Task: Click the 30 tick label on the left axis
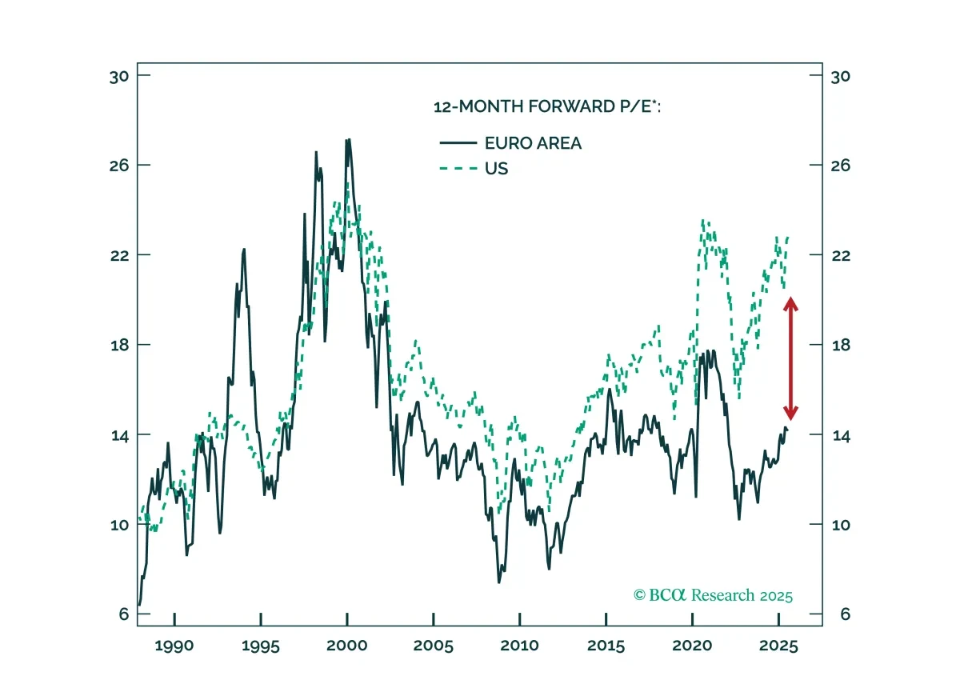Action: click(119, 77)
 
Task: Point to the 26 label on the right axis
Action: click(841, 166)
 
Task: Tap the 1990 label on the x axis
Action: click(174, 646)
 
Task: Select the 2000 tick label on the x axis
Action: click(346, 646)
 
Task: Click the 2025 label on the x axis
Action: click(778, 646)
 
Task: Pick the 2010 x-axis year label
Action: click(519, 646)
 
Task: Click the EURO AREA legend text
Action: click(533, 143)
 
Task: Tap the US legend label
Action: click(496, 169)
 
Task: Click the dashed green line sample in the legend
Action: click(458, 168)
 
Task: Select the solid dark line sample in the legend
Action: click(458, 142)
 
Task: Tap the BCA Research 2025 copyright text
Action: click(713, 595)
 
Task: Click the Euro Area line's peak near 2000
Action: click(348, 140)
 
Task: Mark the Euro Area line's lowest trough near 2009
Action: click(499, 582)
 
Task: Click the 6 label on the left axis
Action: click(123, 614)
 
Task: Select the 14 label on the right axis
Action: click(841, 436)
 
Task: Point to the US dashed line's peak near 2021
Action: click(703, 221)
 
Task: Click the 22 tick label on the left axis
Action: click(119, 256)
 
